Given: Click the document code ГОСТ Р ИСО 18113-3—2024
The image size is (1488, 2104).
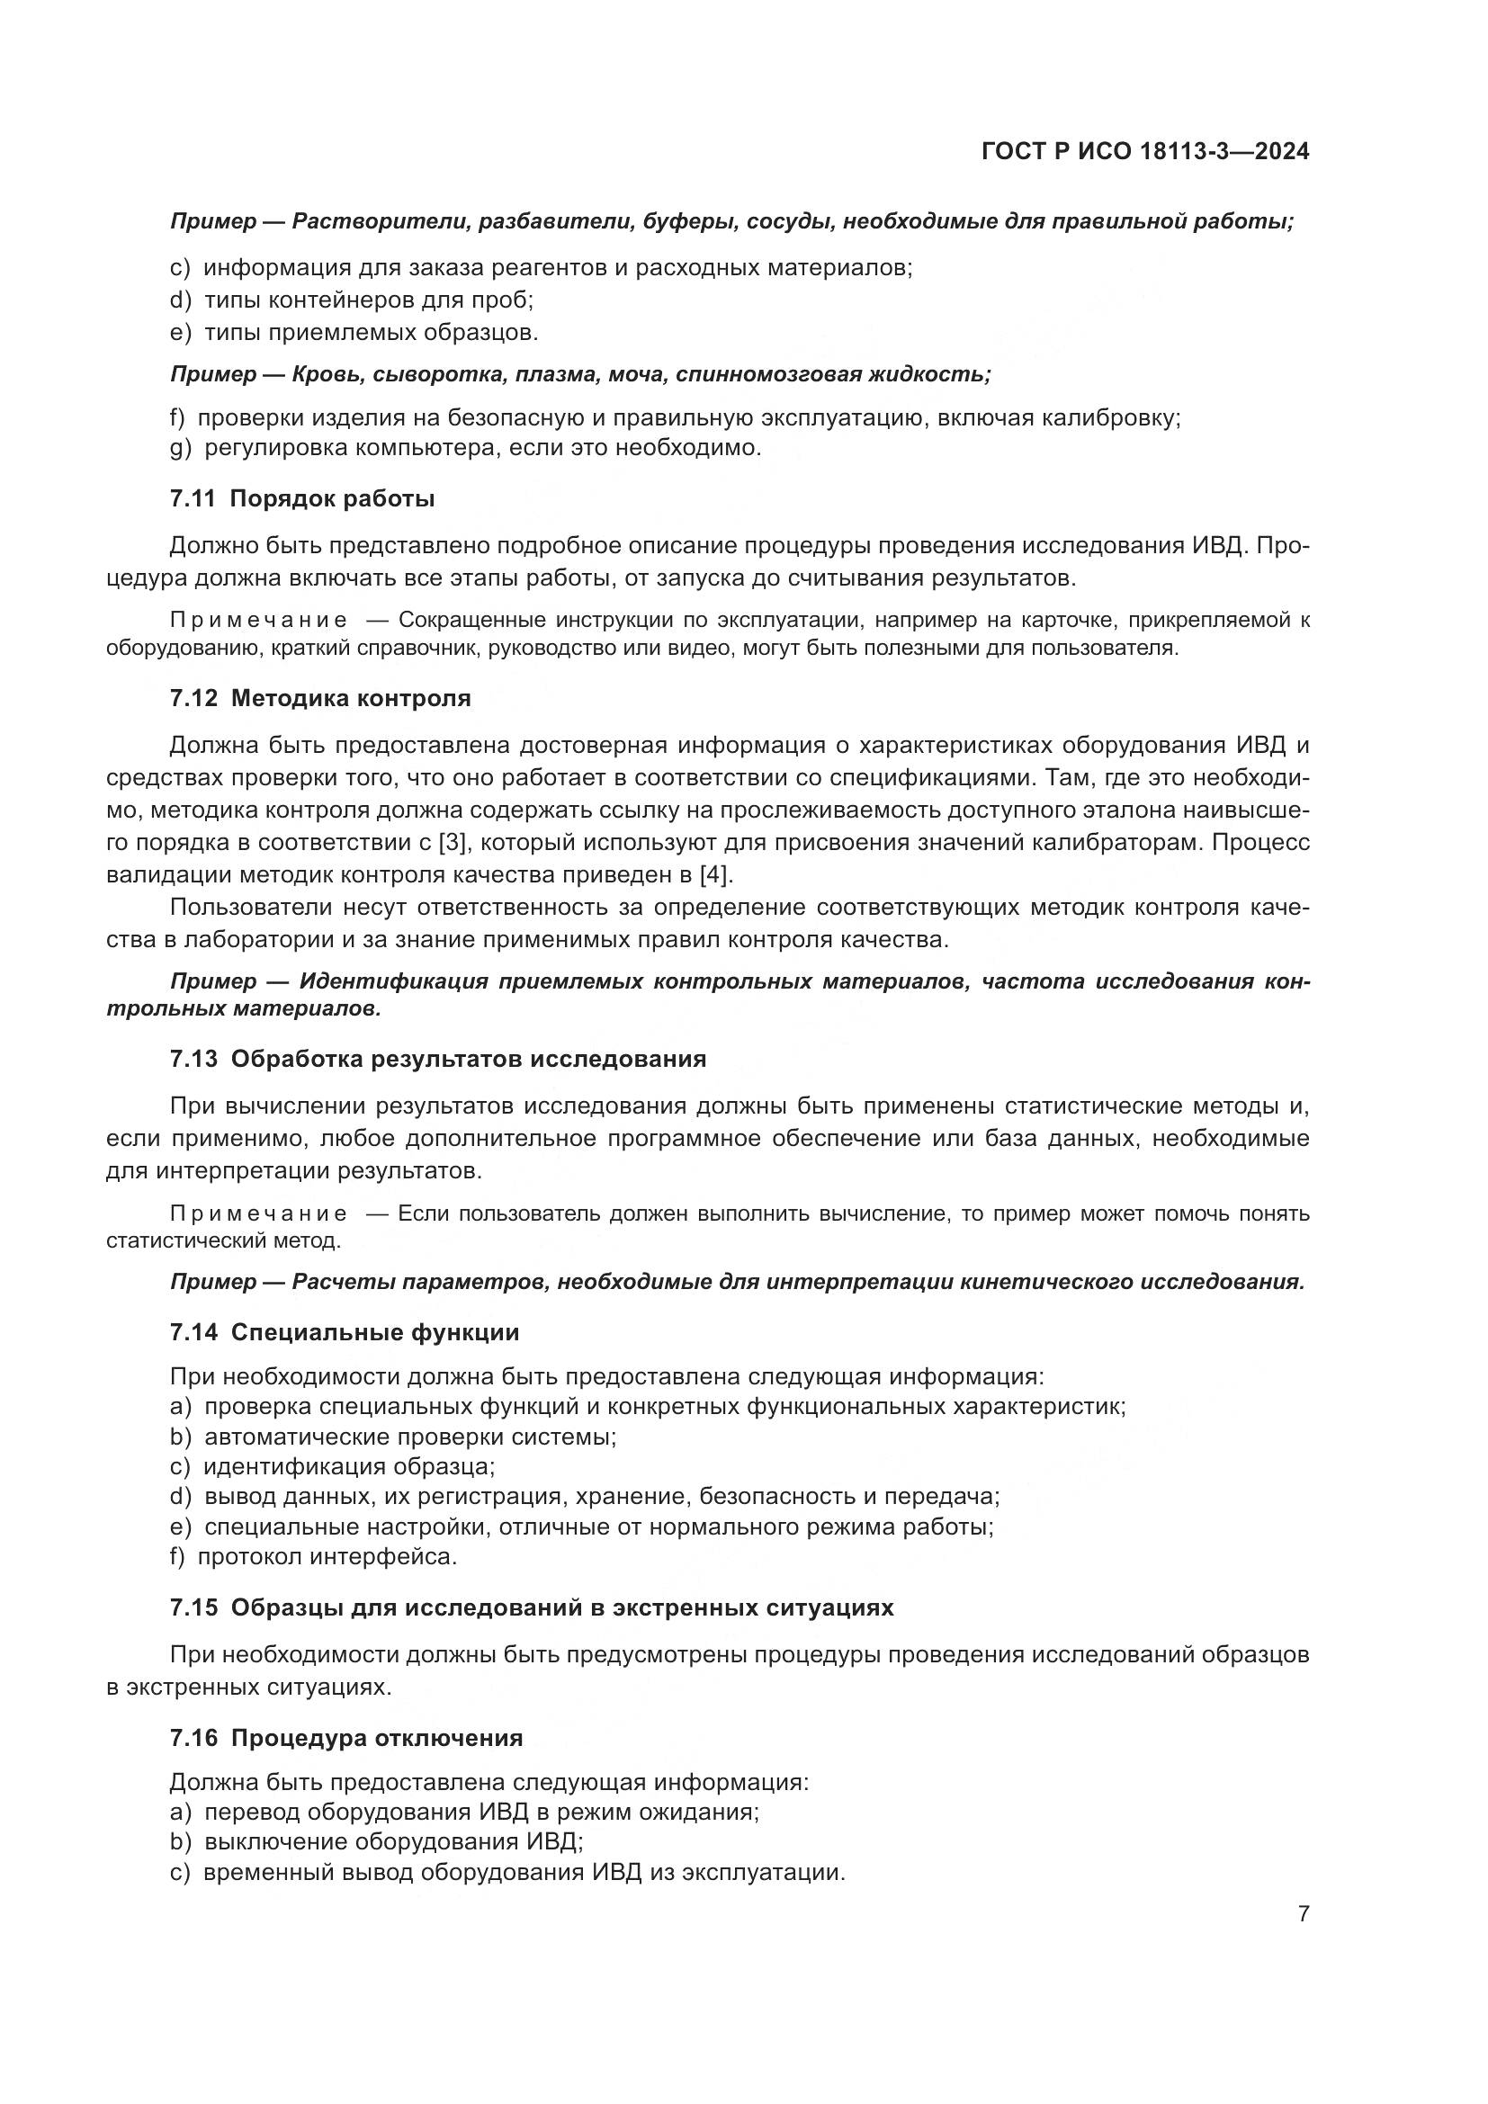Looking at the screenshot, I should (1144, 151).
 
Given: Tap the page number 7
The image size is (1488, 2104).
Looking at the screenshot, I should (1303, 1914).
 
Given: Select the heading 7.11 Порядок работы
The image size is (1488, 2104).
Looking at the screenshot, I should (301, 498).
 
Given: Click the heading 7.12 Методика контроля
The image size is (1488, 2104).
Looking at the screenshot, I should (319, 698).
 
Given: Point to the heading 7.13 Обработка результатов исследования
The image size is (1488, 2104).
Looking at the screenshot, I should (438, 1059).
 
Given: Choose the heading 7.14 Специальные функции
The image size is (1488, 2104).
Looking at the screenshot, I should (345, 1332).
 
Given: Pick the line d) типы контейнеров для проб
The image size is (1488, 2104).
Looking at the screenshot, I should (352, 300).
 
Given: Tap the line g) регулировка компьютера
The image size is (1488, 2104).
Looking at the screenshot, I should (465, 448).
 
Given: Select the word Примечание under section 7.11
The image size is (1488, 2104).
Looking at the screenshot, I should (258, 621).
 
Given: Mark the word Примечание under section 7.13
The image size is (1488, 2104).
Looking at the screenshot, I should (258, 1214).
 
